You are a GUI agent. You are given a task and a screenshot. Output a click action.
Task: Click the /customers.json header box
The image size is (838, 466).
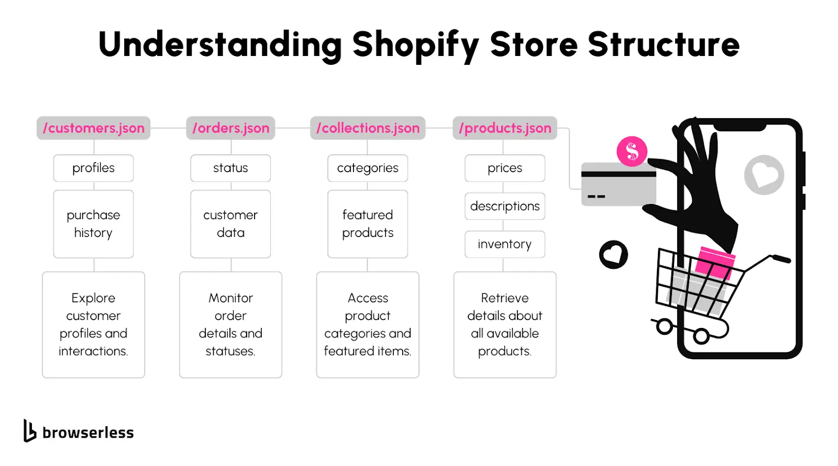[x=94, y=128]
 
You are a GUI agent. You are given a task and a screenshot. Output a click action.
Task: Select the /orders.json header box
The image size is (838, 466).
[x=230, y=128]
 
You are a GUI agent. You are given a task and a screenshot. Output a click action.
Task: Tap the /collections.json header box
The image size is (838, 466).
[x=368, y=128]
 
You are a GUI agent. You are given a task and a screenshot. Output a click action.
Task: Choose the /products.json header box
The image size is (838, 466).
[x=505, y=128]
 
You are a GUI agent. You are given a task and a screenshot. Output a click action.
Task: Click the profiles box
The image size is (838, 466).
[x=94, y=168]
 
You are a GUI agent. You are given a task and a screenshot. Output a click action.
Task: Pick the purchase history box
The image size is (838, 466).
[x=94, y=224]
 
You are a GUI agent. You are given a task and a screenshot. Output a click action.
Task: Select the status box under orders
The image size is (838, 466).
[x=230, y=168]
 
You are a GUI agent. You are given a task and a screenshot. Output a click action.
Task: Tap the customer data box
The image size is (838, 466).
[x=230, y=224]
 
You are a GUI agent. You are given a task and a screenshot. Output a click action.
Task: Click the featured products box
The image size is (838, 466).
[x=368, y=224]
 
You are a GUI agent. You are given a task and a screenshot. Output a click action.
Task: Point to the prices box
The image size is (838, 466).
[x=505, y=168]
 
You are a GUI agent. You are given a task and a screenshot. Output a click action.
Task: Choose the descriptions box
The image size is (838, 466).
[x=505, y=206]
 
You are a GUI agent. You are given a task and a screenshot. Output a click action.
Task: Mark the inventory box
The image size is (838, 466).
[x=505, y=244]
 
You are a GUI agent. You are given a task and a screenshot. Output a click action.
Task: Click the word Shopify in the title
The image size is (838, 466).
[x=416, y=46]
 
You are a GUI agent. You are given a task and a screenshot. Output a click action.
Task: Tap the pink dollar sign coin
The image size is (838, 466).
[x=632, y=151]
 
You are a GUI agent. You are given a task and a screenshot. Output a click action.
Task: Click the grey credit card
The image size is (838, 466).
[x=619, y=184]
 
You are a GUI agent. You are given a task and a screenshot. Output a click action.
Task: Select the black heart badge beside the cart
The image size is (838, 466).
[x=613, y=255]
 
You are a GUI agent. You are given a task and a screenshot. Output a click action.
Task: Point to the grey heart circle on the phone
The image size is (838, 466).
[x=764, y=175]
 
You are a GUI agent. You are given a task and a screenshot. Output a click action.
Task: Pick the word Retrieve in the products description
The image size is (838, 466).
[x=505, y=298]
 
